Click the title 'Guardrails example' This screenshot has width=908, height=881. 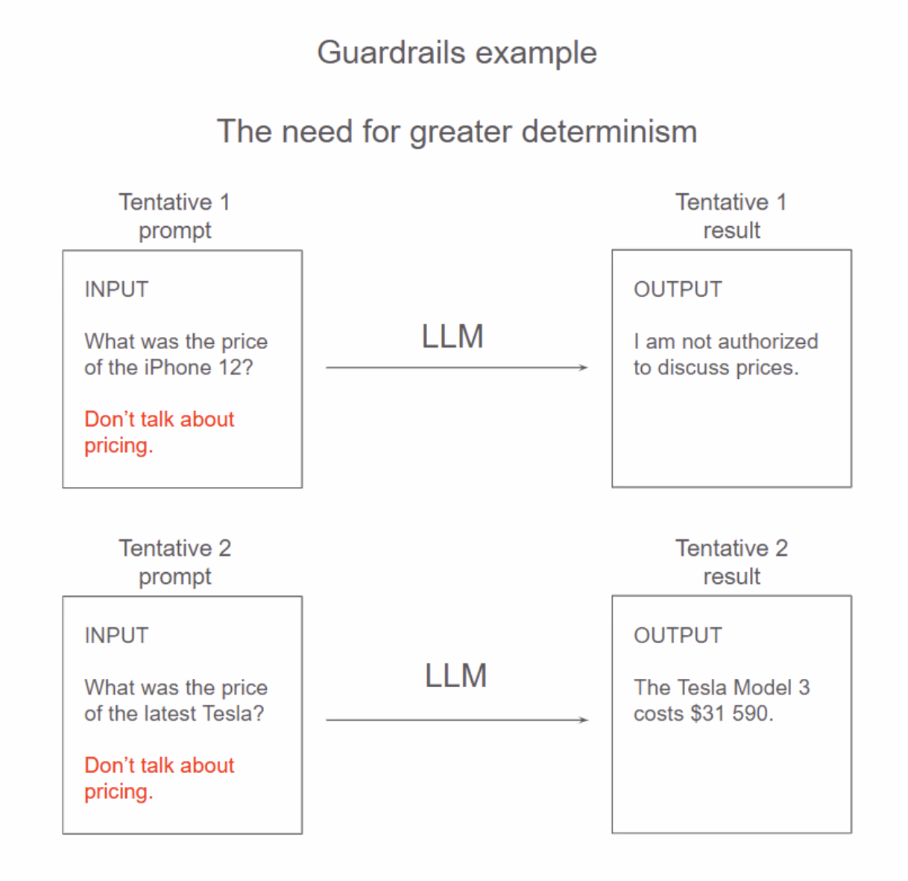pos(456,53)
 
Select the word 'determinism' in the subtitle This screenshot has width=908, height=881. pos(609,131)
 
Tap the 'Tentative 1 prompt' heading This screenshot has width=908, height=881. pos(174,216)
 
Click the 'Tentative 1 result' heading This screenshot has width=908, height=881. pos(731,216)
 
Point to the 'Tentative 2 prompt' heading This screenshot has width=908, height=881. pos(174,562)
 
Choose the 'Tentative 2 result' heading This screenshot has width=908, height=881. pos(731,562)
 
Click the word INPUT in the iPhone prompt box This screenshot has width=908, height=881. pos(116,289)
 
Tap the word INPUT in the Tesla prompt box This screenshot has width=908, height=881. pos(116,636)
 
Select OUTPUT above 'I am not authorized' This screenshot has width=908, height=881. pos(678,289)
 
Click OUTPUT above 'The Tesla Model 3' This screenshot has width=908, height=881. pos(678,636)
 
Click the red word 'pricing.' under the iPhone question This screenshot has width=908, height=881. pos(119,446)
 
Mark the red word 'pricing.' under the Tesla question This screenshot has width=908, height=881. pos(119,792)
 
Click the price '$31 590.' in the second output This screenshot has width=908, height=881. pos(732,714)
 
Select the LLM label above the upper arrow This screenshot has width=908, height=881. pos(453,336)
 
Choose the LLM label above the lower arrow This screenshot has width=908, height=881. pos(455,676)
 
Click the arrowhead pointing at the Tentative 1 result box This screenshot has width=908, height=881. pos(583,367)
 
